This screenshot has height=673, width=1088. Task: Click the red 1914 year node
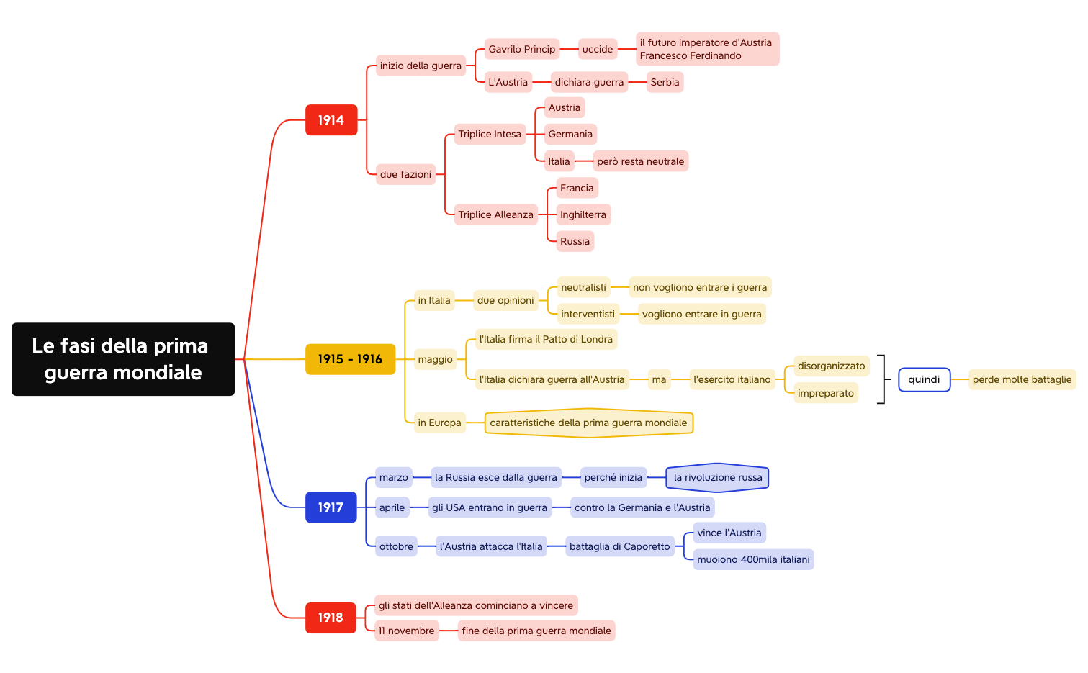(x=331, y=120)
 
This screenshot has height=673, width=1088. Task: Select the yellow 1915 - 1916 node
(x=350, y=359)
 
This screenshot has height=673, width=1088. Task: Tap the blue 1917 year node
(x=331, y=507)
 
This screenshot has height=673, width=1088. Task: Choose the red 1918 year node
(x=331, y=618)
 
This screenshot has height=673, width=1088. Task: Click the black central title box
(x=123, y=359)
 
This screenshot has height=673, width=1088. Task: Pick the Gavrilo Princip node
(x=521, y=49)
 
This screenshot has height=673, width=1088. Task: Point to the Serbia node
(x=665, y=82)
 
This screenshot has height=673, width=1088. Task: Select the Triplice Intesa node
(x=490, y=134)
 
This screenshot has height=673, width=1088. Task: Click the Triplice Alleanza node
(x=495, y=214)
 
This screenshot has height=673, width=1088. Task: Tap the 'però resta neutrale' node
(x=640, y=161)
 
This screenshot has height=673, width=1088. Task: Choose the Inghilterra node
(x=583, y=214)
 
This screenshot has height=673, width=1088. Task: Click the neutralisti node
(x=583, y=287)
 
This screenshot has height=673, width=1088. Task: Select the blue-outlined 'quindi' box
(x=924, y=379)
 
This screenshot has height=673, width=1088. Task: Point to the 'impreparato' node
(x=825, y=393)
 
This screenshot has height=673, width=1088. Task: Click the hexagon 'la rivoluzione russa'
(x=717, y=477)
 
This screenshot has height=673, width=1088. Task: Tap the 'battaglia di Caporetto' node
(x=619, y=546)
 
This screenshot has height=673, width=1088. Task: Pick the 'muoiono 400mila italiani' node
(x=753, y=559)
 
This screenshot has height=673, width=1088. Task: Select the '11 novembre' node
(x=407, y=631)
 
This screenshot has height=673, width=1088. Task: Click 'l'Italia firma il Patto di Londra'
(x=546, y=339)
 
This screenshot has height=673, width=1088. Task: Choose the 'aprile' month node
(x=392, y=507)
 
